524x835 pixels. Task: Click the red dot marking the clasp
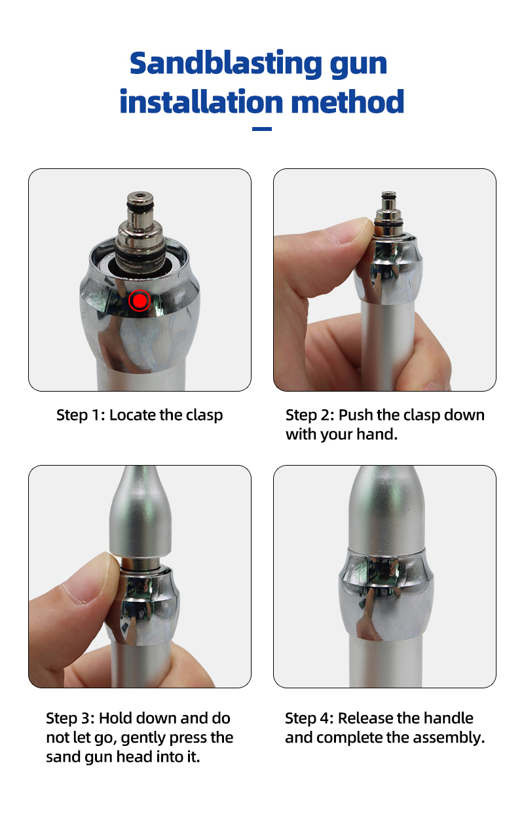[140, 300]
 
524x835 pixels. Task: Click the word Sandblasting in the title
[217, 63]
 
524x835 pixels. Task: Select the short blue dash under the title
[261, 129]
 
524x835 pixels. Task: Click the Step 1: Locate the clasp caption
[140, 415]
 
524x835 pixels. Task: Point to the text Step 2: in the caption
[310, 415]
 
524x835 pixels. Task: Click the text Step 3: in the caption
[70, 718]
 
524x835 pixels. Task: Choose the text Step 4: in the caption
[309, 718]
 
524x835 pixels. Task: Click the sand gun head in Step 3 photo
[140, 511]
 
